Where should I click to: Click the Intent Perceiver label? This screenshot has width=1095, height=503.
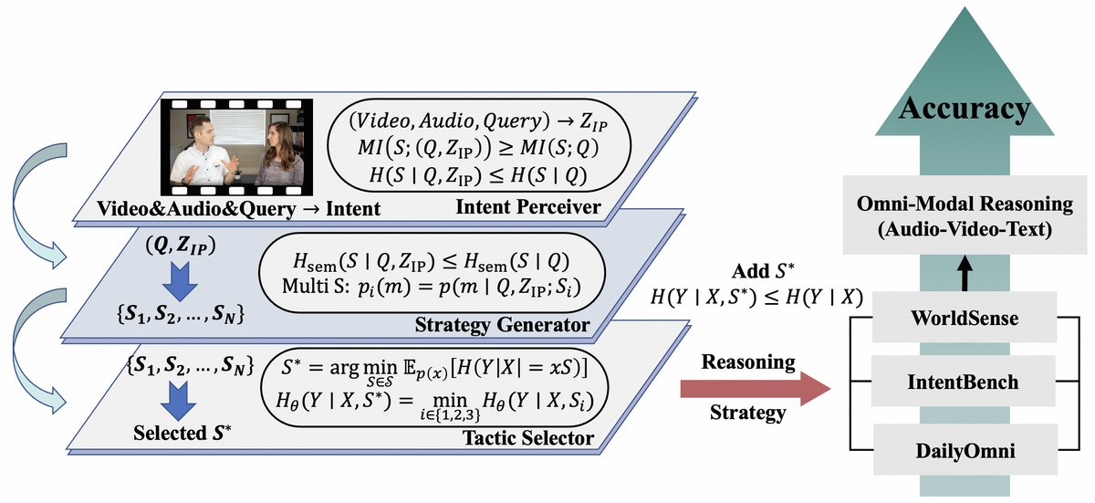pos(530,207)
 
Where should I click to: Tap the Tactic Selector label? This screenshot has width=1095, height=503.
pos(532,440)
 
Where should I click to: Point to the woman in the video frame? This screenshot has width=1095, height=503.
pos(279,155)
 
